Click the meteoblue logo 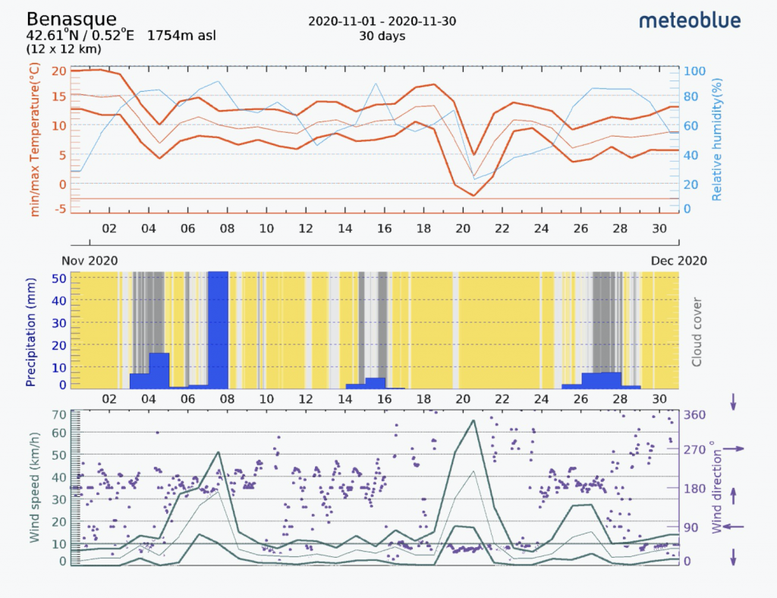click(690, 20)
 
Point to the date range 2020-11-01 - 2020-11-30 click(382, 21)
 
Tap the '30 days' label click(382, 36)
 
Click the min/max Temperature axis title click(34, 141)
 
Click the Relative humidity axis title click(716, 141)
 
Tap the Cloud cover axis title click(697, 331)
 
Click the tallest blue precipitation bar click(219, 329)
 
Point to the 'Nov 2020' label click(90, 260)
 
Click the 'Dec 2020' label click(678, 260)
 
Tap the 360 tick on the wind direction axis click(695, 415)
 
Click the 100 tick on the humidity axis click(697, 71)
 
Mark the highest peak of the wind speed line click(473, 420)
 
